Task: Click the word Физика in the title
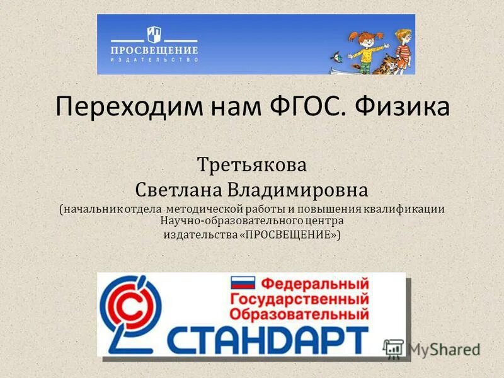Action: click(401, 107)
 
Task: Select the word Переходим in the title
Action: click(126, 107)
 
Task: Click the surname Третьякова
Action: click(252, 166)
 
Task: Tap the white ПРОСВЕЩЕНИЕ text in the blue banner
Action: click(155, 50)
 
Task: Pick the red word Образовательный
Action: click(300, 313)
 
